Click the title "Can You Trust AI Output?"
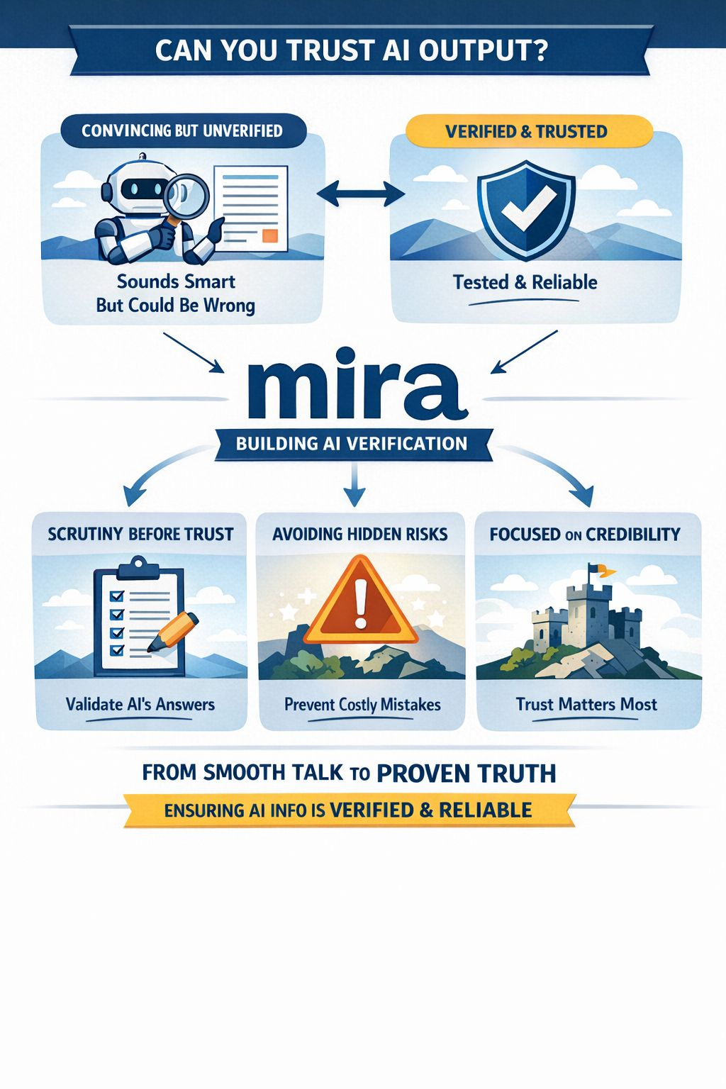[351, 51]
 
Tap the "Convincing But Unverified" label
[182, 130]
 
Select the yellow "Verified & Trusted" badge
[526, 131]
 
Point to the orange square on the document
[270, 235]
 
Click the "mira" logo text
[357, 384]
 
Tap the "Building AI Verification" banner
[352, 444]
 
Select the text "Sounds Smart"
[176, 281]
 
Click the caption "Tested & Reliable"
[525, 282]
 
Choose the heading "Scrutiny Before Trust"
[140, 534]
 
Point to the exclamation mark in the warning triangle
[361, 603]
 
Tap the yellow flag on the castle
[601, 569]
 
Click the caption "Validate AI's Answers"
[140, 704]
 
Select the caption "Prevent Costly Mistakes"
[362, 704]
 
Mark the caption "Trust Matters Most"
[586, 704]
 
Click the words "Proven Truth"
[466, 773]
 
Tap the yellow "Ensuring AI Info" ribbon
[348, 810]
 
